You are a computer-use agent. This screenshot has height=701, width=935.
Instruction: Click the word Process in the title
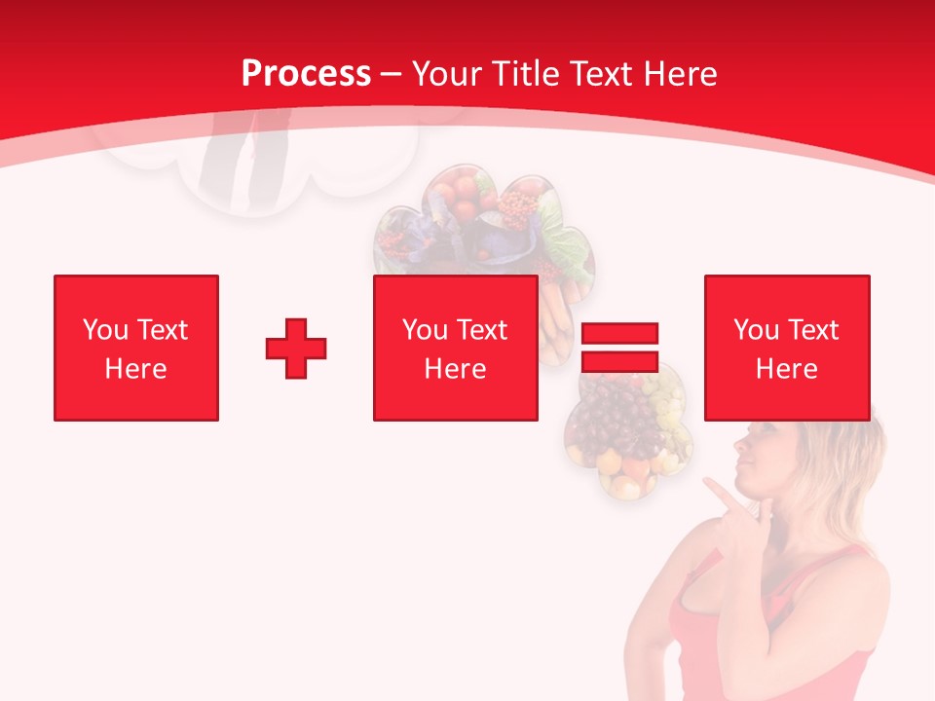click(306, 74)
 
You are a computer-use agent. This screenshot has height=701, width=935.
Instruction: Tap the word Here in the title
click(676, 74)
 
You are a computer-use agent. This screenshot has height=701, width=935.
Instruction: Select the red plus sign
click(296, 349)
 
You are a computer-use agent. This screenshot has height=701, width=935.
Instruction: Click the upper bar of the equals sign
click(619, 334)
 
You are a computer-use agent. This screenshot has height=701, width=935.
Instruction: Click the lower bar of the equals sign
click(619, 362)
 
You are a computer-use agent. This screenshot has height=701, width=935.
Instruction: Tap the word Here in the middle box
click(455, 369)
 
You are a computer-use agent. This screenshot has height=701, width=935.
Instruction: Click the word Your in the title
click(447, 74)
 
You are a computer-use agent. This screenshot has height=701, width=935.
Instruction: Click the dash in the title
click(391, 75)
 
